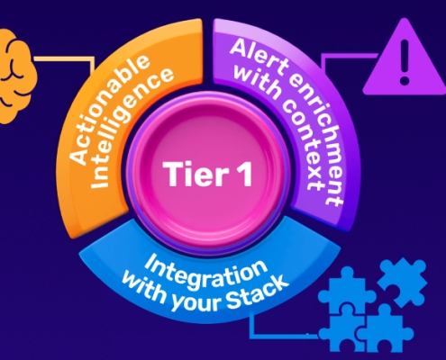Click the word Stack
click(x=267, y=286)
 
